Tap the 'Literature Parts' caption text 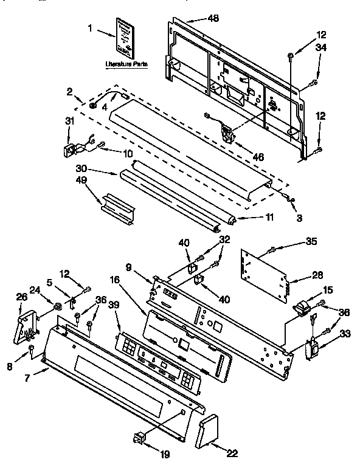126,63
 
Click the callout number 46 258,157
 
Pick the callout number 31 69,122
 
